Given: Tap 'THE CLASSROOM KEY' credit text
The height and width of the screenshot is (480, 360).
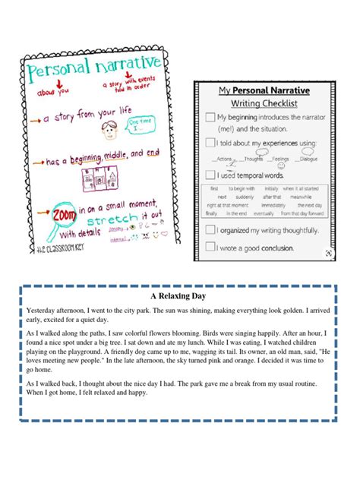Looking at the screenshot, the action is [x=55, y=249].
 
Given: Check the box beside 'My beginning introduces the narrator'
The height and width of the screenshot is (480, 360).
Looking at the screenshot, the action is [x=210, y=117].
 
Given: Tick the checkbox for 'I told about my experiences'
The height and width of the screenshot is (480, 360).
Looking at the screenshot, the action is [x=210, y=142].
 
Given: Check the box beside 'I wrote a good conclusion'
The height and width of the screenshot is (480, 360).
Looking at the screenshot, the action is [x=210, y=246].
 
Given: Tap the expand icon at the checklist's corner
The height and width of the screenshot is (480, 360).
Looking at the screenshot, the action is [x=327, y=253].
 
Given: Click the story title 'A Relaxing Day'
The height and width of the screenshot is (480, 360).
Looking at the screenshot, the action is [x=180, y=296].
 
